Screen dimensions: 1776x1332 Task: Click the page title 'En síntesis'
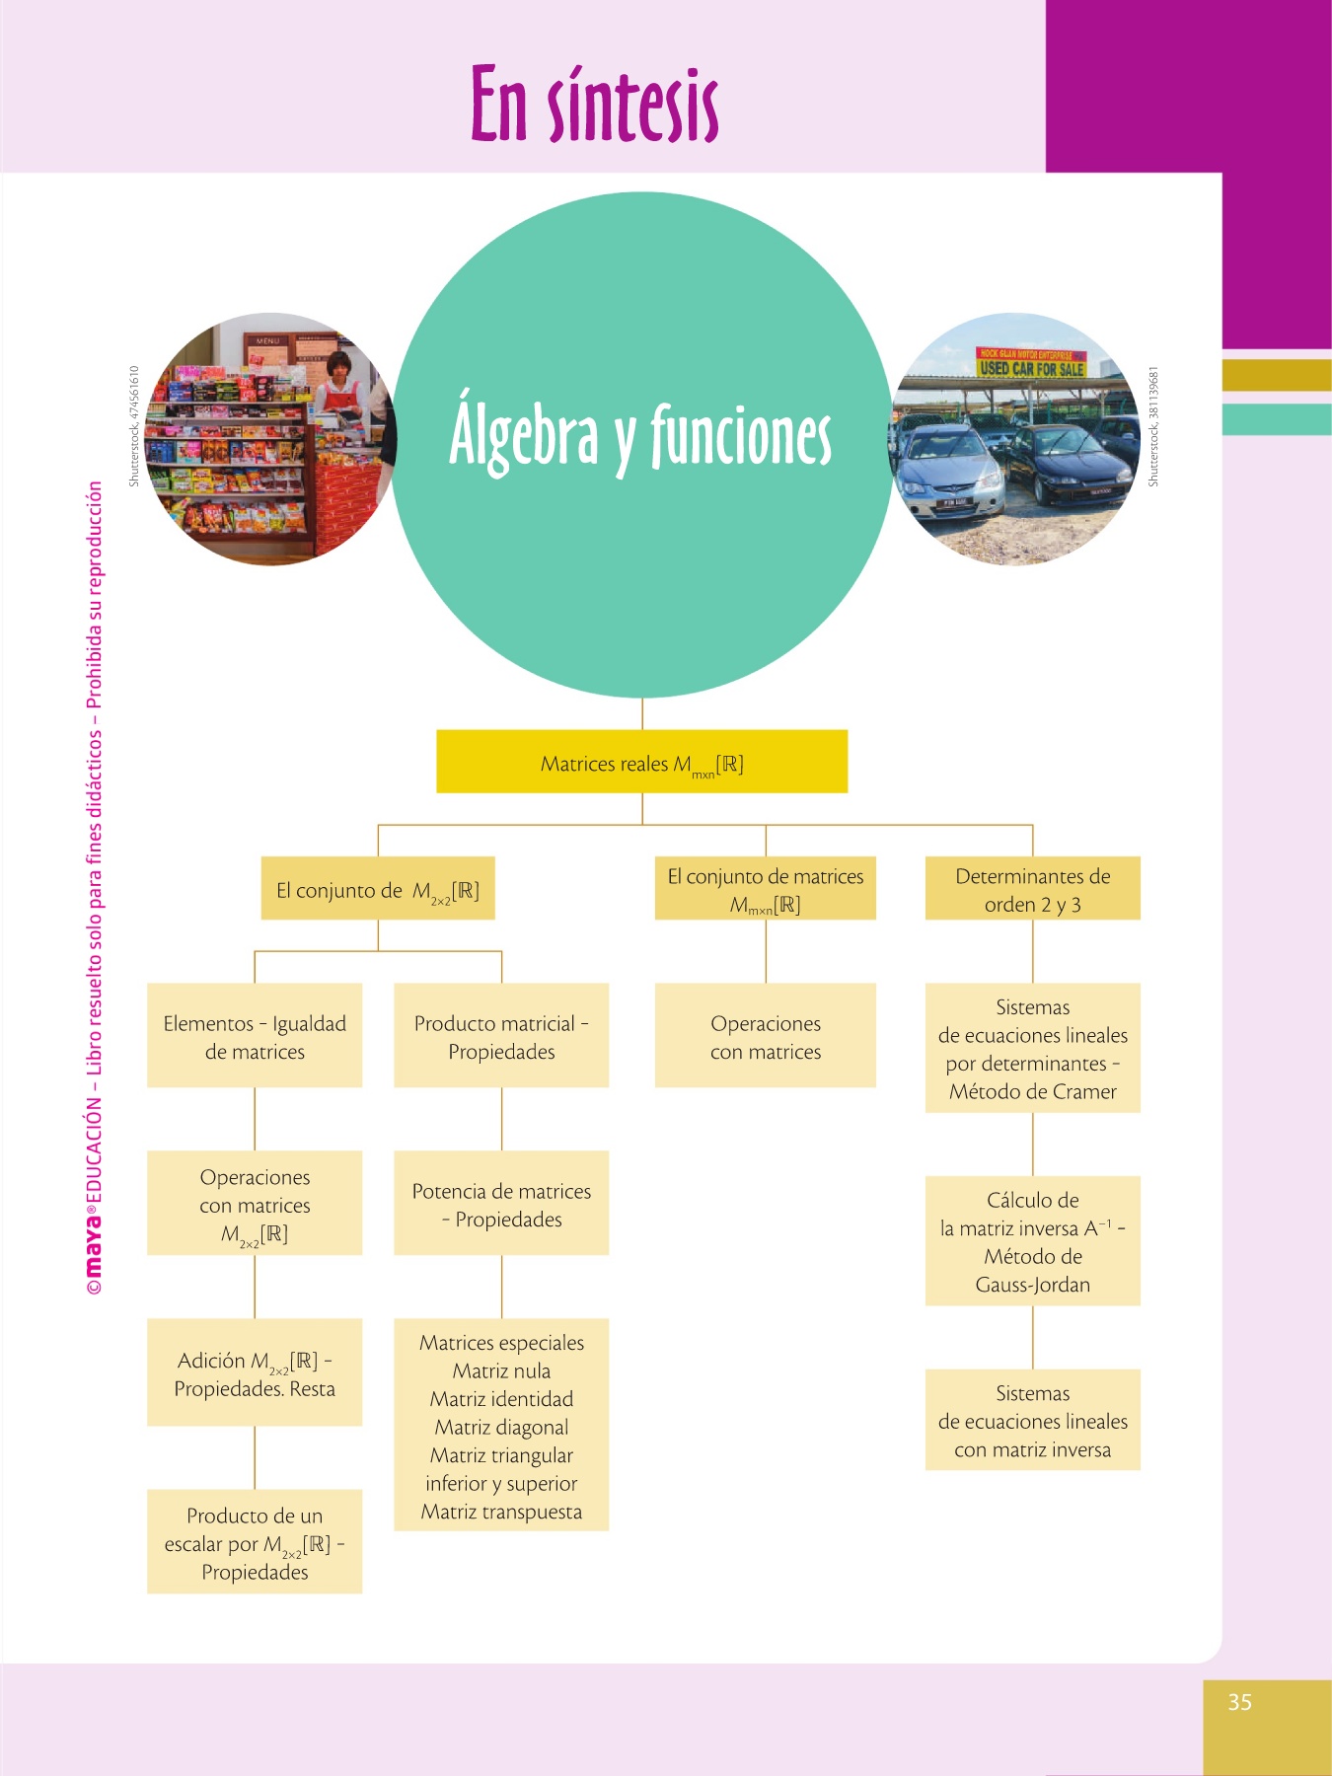click(x=594, y=105)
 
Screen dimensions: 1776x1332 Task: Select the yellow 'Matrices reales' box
click(x=641, y=762)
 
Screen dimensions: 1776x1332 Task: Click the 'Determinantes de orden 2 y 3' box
click(x=1032, y=889)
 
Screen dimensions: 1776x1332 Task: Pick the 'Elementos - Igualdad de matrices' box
click(x=255, y=1036)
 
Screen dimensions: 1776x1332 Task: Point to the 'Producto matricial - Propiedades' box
click(x=501, y=1036)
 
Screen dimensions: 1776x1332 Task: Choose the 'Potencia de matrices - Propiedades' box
click(x=501, y=1204)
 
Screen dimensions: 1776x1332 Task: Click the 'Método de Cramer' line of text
click(x=1032, y=1091)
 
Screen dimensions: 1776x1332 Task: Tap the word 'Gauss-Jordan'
click(x=1032, y=1285)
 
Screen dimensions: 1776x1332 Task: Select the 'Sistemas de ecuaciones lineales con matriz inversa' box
click(x=1032, y=1421)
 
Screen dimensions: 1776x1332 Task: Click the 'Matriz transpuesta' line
click(x=501, y=1512)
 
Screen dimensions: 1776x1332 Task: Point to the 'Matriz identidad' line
click(x=501, y=1399)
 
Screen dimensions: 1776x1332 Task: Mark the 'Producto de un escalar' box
click(x=255, y=1542)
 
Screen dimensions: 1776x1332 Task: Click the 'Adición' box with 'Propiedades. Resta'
click(x=255, y=1373)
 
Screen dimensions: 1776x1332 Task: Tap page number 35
click(x=1239, y=1702)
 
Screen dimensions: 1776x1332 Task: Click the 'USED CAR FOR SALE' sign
click(x=1032, y=367)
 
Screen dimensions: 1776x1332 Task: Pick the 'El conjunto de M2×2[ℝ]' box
click(x=378, y=889)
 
